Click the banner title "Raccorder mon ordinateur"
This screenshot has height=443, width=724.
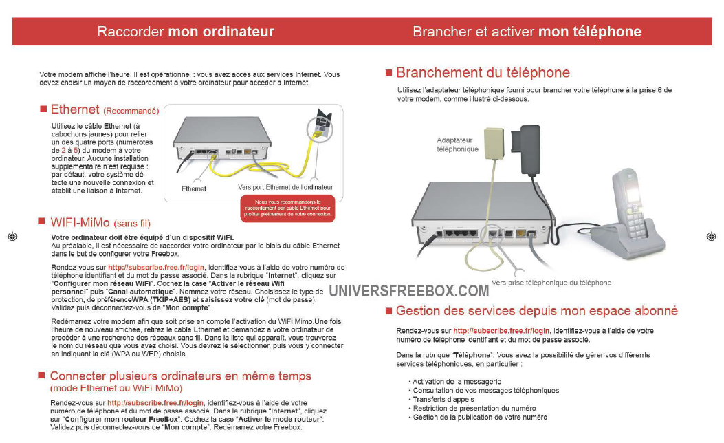tap(186, 32)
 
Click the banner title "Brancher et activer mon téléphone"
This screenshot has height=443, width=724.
tap(527, 32)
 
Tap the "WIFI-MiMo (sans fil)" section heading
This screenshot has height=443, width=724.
tap(100, 223)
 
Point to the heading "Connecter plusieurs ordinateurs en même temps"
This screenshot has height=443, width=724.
tap(180, 376)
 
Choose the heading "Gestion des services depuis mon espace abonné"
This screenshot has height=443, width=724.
tap(536, 311)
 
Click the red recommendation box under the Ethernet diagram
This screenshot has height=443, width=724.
tap(287, 208)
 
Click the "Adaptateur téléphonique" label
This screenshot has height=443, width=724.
tap(457, 144)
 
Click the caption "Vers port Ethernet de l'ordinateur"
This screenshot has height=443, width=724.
tap(285, 187)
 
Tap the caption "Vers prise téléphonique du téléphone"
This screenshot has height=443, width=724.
tap(551, 282)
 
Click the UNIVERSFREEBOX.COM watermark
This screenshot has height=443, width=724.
tap(408, 291)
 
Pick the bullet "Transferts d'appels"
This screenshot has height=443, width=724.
tap(443, 399)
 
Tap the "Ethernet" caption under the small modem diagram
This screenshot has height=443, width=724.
tap(194, 188)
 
